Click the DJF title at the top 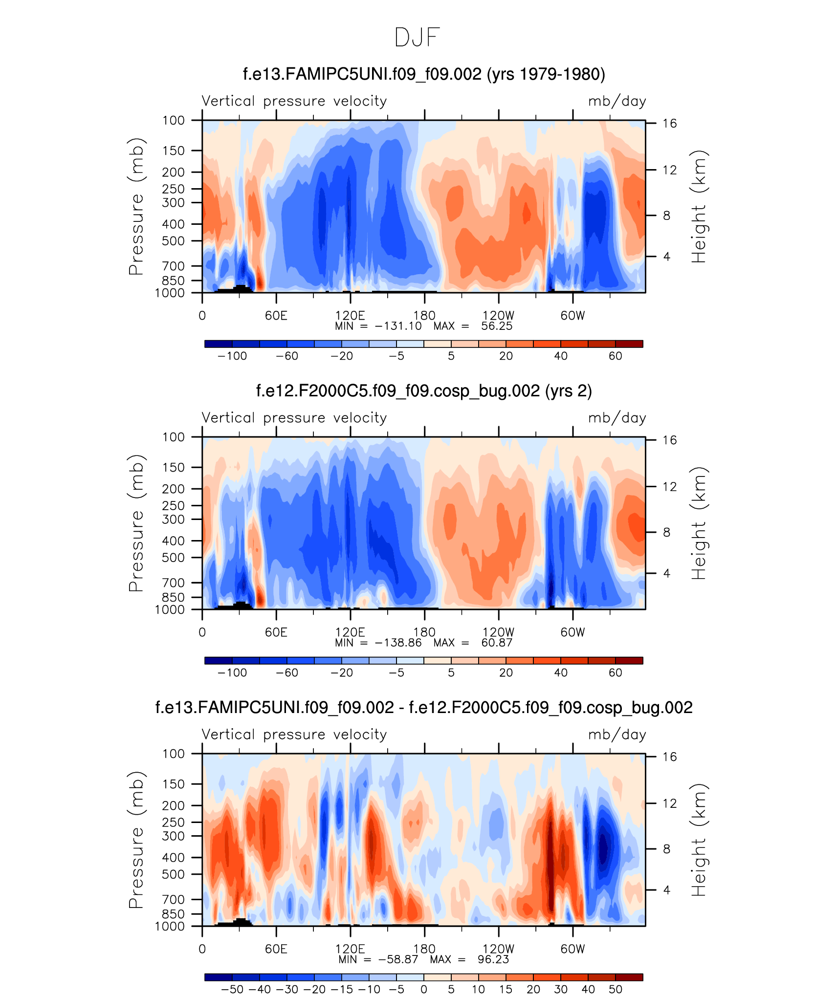417,38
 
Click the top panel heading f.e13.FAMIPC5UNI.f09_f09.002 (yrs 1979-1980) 424,74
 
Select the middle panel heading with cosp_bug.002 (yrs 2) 424,391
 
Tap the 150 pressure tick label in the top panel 174,151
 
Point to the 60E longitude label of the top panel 276,316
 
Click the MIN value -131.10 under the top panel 398,326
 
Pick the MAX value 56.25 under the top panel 497,326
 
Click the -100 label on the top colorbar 232,356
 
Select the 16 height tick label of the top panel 669,123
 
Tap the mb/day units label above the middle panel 617,418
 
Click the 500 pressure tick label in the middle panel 174,558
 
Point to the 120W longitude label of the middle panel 498,632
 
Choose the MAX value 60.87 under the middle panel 497,643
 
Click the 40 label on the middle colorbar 561,672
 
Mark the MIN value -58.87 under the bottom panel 398,959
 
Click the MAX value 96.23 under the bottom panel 493,959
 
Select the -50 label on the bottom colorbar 232,989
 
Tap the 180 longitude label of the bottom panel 424,949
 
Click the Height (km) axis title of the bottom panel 699,840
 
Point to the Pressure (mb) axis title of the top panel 136,206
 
